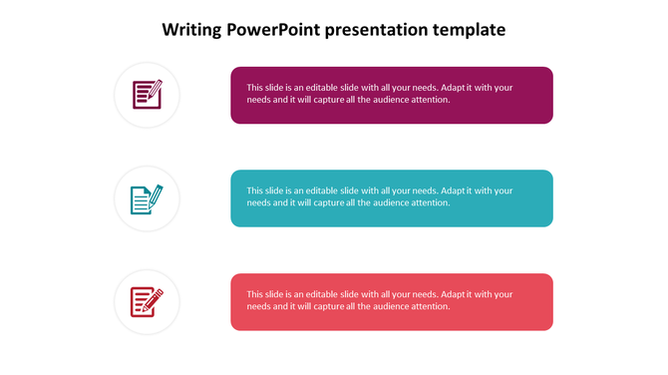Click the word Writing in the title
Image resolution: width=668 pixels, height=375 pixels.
tap(192, 30)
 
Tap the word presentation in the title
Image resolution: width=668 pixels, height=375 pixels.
tap(380, 30)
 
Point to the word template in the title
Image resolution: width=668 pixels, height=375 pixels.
tap(470, 30)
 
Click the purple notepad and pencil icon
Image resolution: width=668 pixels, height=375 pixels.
tap(147, 95)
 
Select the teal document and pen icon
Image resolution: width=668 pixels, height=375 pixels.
tap(147, 198)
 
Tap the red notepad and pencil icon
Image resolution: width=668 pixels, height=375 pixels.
tap(147, 301)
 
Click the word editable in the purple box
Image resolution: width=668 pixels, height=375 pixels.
tap(321, 88)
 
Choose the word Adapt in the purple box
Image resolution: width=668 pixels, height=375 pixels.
tap(454, 88)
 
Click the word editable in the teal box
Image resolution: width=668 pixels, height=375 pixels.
tap(321, 190)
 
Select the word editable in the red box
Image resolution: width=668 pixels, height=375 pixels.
tap(321, 294)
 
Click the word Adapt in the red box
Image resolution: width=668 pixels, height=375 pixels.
tap(454, 294)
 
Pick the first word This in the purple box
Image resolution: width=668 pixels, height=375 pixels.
tap(256, 88)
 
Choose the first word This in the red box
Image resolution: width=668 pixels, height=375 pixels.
tap(256, 294)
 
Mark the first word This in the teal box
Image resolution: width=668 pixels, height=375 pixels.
tap(256, 190)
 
